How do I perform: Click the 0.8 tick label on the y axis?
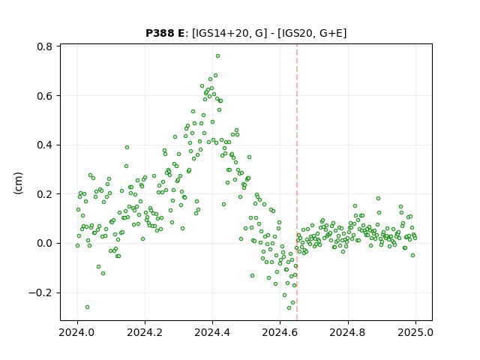pos(44,46)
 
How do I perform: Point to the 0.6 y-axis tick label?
pos(44,96)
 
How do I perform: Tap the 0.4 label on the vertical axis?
pos(44,145)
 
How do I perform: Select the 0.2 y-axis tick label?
pos(44,194)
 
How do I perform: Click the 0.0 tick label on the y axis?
pos(44,244)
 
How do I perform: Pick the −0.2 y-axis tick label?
pos(40,293)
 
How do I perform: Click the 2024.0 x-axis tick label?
pos(77,332)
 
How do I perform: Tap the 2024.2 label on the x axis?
pos(145,332)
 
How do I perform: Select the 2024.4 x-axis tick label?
pos(212,332)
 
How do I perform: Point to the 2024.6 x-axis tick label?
pos(280,332)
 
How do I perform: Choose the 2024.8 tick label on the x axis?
pos(348,332)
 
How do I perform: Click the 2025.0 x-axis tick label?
pos(415,332)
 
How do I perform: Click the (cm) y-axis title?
pos(19,183)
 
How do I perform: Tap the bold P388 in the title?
pos(159,33)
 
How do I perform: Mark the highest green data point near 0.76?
pos(217,56)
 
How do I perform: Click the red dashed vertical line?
pos(297,182)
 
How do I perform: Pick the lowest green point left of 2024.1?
pos(87,307)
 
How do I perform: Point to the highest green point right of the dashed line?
pos(378,198)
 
